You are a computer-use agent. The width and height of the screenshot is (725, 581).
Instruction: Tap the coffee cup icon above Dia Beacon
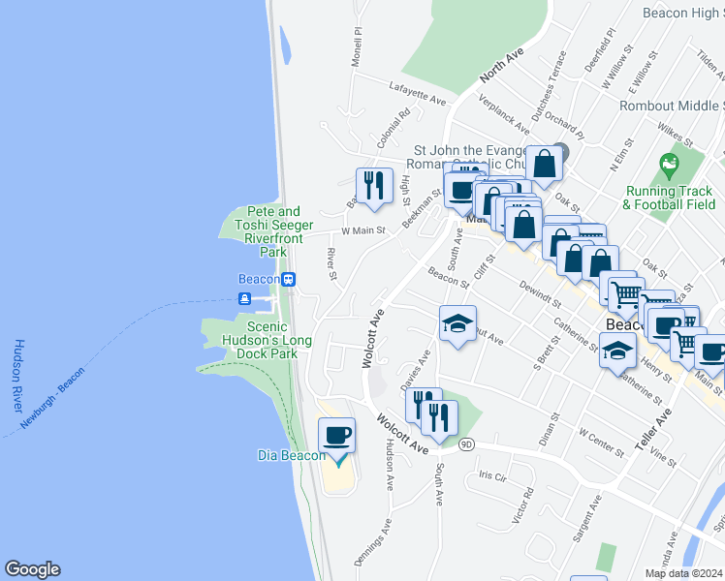tap(336, 436)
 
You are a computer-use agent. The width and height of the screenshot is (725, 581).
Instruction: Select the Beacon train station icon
tap(289, 279)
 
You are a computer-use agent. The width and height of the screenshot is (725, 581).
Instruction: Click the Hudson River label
tap(18, 378)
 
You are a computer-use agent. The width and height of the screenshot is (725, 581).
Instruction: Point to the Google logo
tap(32, 569)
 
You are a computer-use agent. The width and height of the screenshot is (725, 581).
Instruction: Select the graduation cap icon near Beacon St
tap(458, 324)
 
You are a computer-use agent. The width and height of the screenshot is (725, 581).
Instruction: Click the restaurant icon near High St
tap(372, 183)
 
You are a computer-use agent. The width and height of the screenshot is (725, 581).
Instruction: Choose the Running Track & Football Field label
tap(669, 198)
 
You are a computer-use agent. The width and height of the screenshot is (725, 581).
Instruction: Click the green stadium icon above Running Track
tap(668, 164)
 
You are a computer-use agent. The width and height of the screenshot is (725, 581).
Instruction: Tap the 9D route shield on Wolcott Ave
tap(466, 444)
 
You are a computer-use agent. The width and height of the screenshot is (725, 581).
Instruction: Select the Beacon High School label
tap(683, 14)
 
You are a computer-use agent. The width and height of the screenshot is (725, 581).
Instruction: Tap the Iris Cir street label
tap(492, 476)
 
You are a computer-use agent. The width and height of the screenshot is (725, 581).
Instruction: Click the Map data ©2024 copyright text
tap(682, 573)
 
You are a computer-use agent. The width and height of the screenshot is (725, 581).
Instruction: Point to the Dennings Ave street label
tap(372, 543)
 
